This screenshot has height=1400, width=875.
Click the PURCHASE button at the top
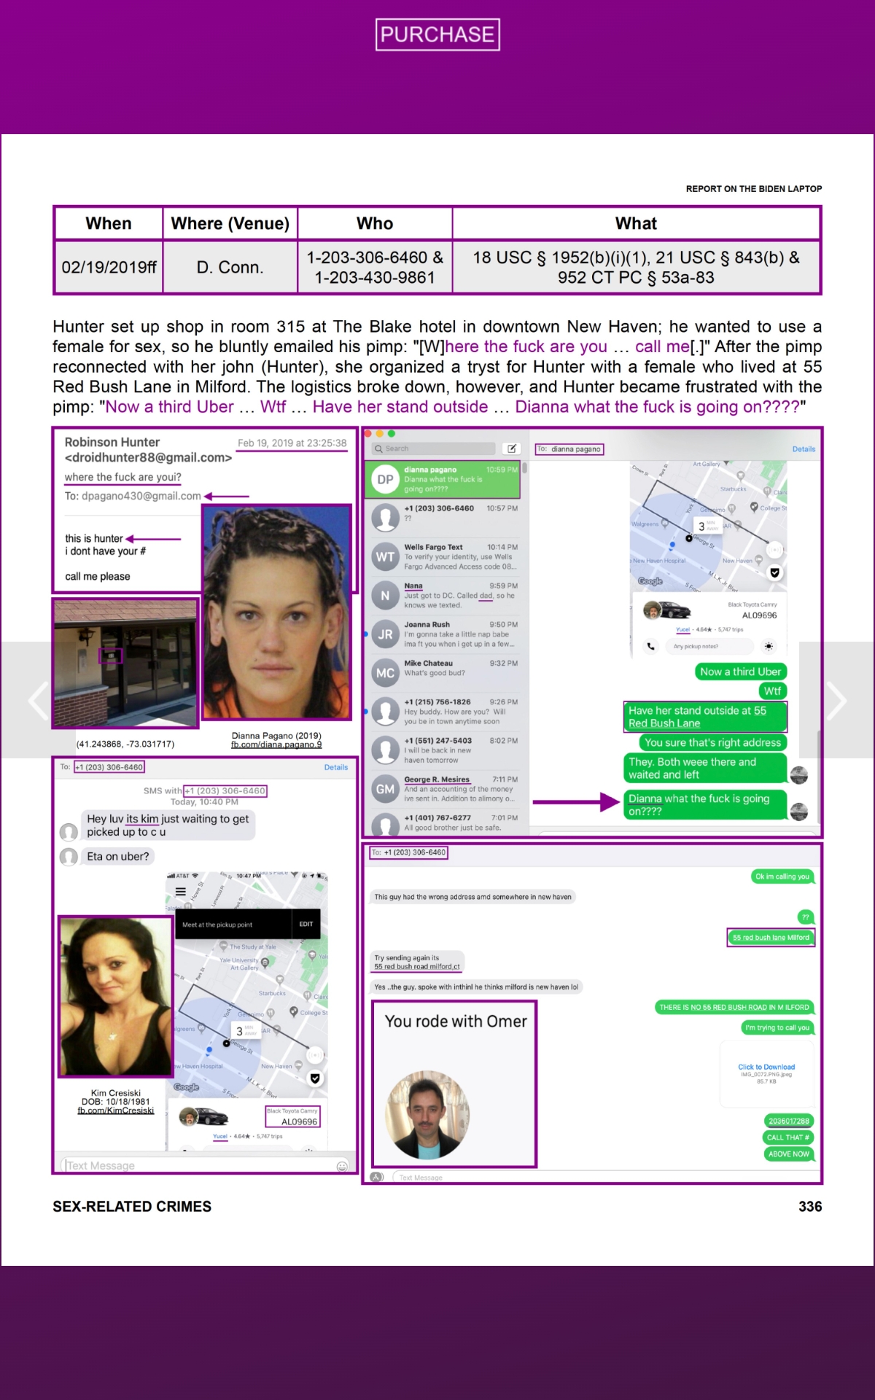click(x=437, y=34)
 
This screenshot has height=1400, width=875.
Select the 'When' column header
click(x=109, y=223)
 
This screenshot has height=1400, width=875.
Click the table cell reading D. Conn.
click(x=230, y=267)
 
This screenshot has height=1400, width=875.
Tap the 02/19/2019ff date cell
click(x=109, y=267)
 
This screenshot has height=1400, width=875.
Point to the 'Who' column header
click(x=375, y=223)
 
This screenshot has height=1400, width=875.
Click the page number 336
click(x=809, y=1207)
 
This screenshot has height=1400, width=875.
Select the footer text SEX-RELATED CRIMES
click(x=132, y=1207)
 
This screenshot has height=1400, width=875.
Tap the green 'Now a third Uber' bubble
click(x=740, y=672)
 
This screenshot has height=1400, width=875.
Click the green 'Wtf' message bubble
click(x=772, y=691)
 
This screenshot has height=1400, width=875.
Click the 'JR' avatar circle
click(x=385, y=634)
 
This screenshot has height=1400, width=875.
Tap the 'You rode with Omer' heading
click(x=456, y=1022)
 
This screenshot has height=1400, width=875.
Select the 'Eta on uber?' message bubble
click(x=117, y=857)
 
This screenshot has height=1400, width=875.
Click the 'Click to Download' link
click(x=766, y=1067)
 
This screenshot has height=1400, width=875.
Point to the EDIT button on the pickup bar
click(x=306, y=925)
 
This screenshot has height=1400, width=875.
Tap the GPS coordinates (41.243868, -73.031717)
click(x=125, y=744)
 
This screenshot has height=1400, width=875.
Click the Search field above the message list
click(x=433, y=448)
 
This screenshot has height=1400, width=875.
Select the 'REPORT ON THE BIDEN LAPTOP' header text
click(x=753, y=189)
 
